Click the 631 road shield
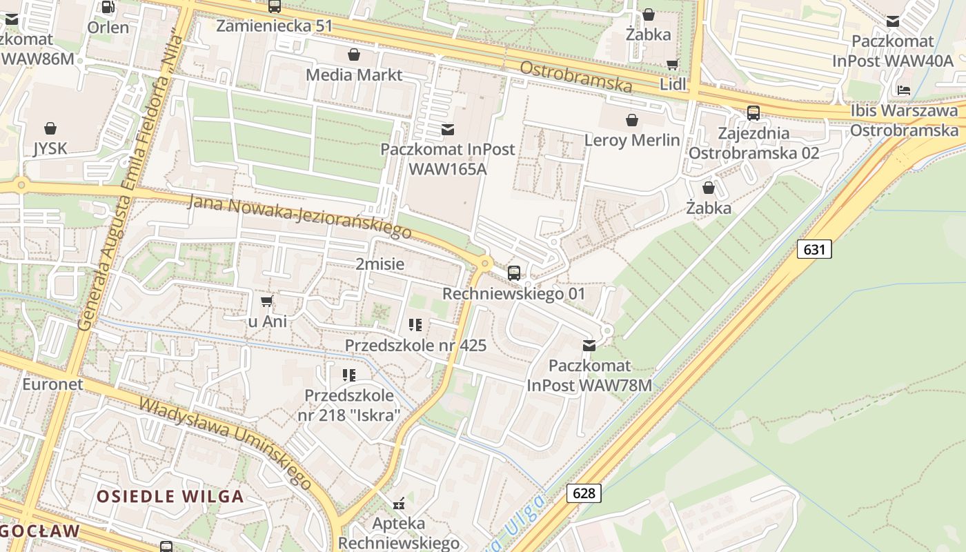pos(814,249)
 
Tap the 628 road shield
pos(584,493)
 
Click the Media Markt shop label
pos(353,75)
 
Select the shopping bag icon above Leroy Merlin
pos(631,121)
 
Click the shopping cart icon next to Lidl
pos(672,65)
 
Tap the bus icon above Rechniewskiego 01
pos(513,273)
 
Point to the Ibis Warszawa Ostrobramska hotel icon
pos(904,90)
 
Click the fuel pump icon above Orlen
pos(108,8)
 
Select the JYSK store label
pos(50,148)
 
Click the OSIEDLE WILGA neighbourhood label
pos(170,496)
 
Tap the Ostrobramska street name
pos(575,77)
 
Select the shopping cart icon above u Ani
pos(267,302)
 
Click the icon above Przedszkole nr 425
pos(415,324)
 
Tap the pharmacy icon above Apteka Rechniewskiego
pos(398,504)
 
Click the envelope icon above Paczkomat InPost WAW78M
pos(589,346)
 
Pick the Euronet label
pos(52,384)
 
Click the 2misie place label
pos(379,264)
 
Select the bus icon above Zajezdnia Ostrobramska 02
pos(753,112)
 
